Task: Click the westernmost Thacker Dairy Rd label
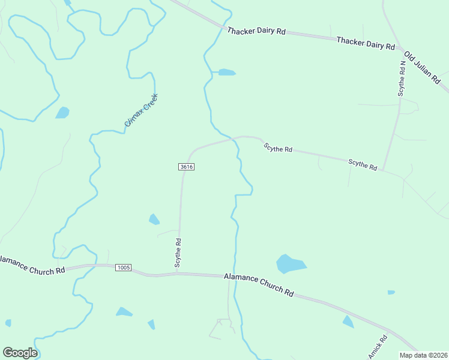click(256, 31)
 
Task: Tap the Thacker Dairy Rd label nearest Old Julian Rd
click(365, 43)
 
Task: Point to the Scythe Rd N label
click(402, 79)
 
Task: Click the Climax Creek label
click(141, 110)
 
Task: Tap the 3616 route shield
click(185, 167)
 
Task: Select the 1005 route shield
click(123, 267)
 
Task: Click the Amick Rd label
click(379, 347)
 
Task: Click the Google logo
click(20, 352)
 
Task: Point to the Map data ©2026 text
click(423, 355)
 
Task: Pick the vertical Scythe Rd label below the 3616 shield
click(178, 252)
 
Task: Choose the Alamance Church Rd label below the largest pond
click(259, 284)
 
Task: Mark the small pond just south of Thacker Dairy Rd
click(226, 73)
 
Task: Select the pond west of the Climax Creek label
click(62, 112)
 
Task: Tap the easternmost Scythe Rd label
click(363, 164)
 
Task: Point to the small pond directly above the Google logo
click(8, 323)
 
